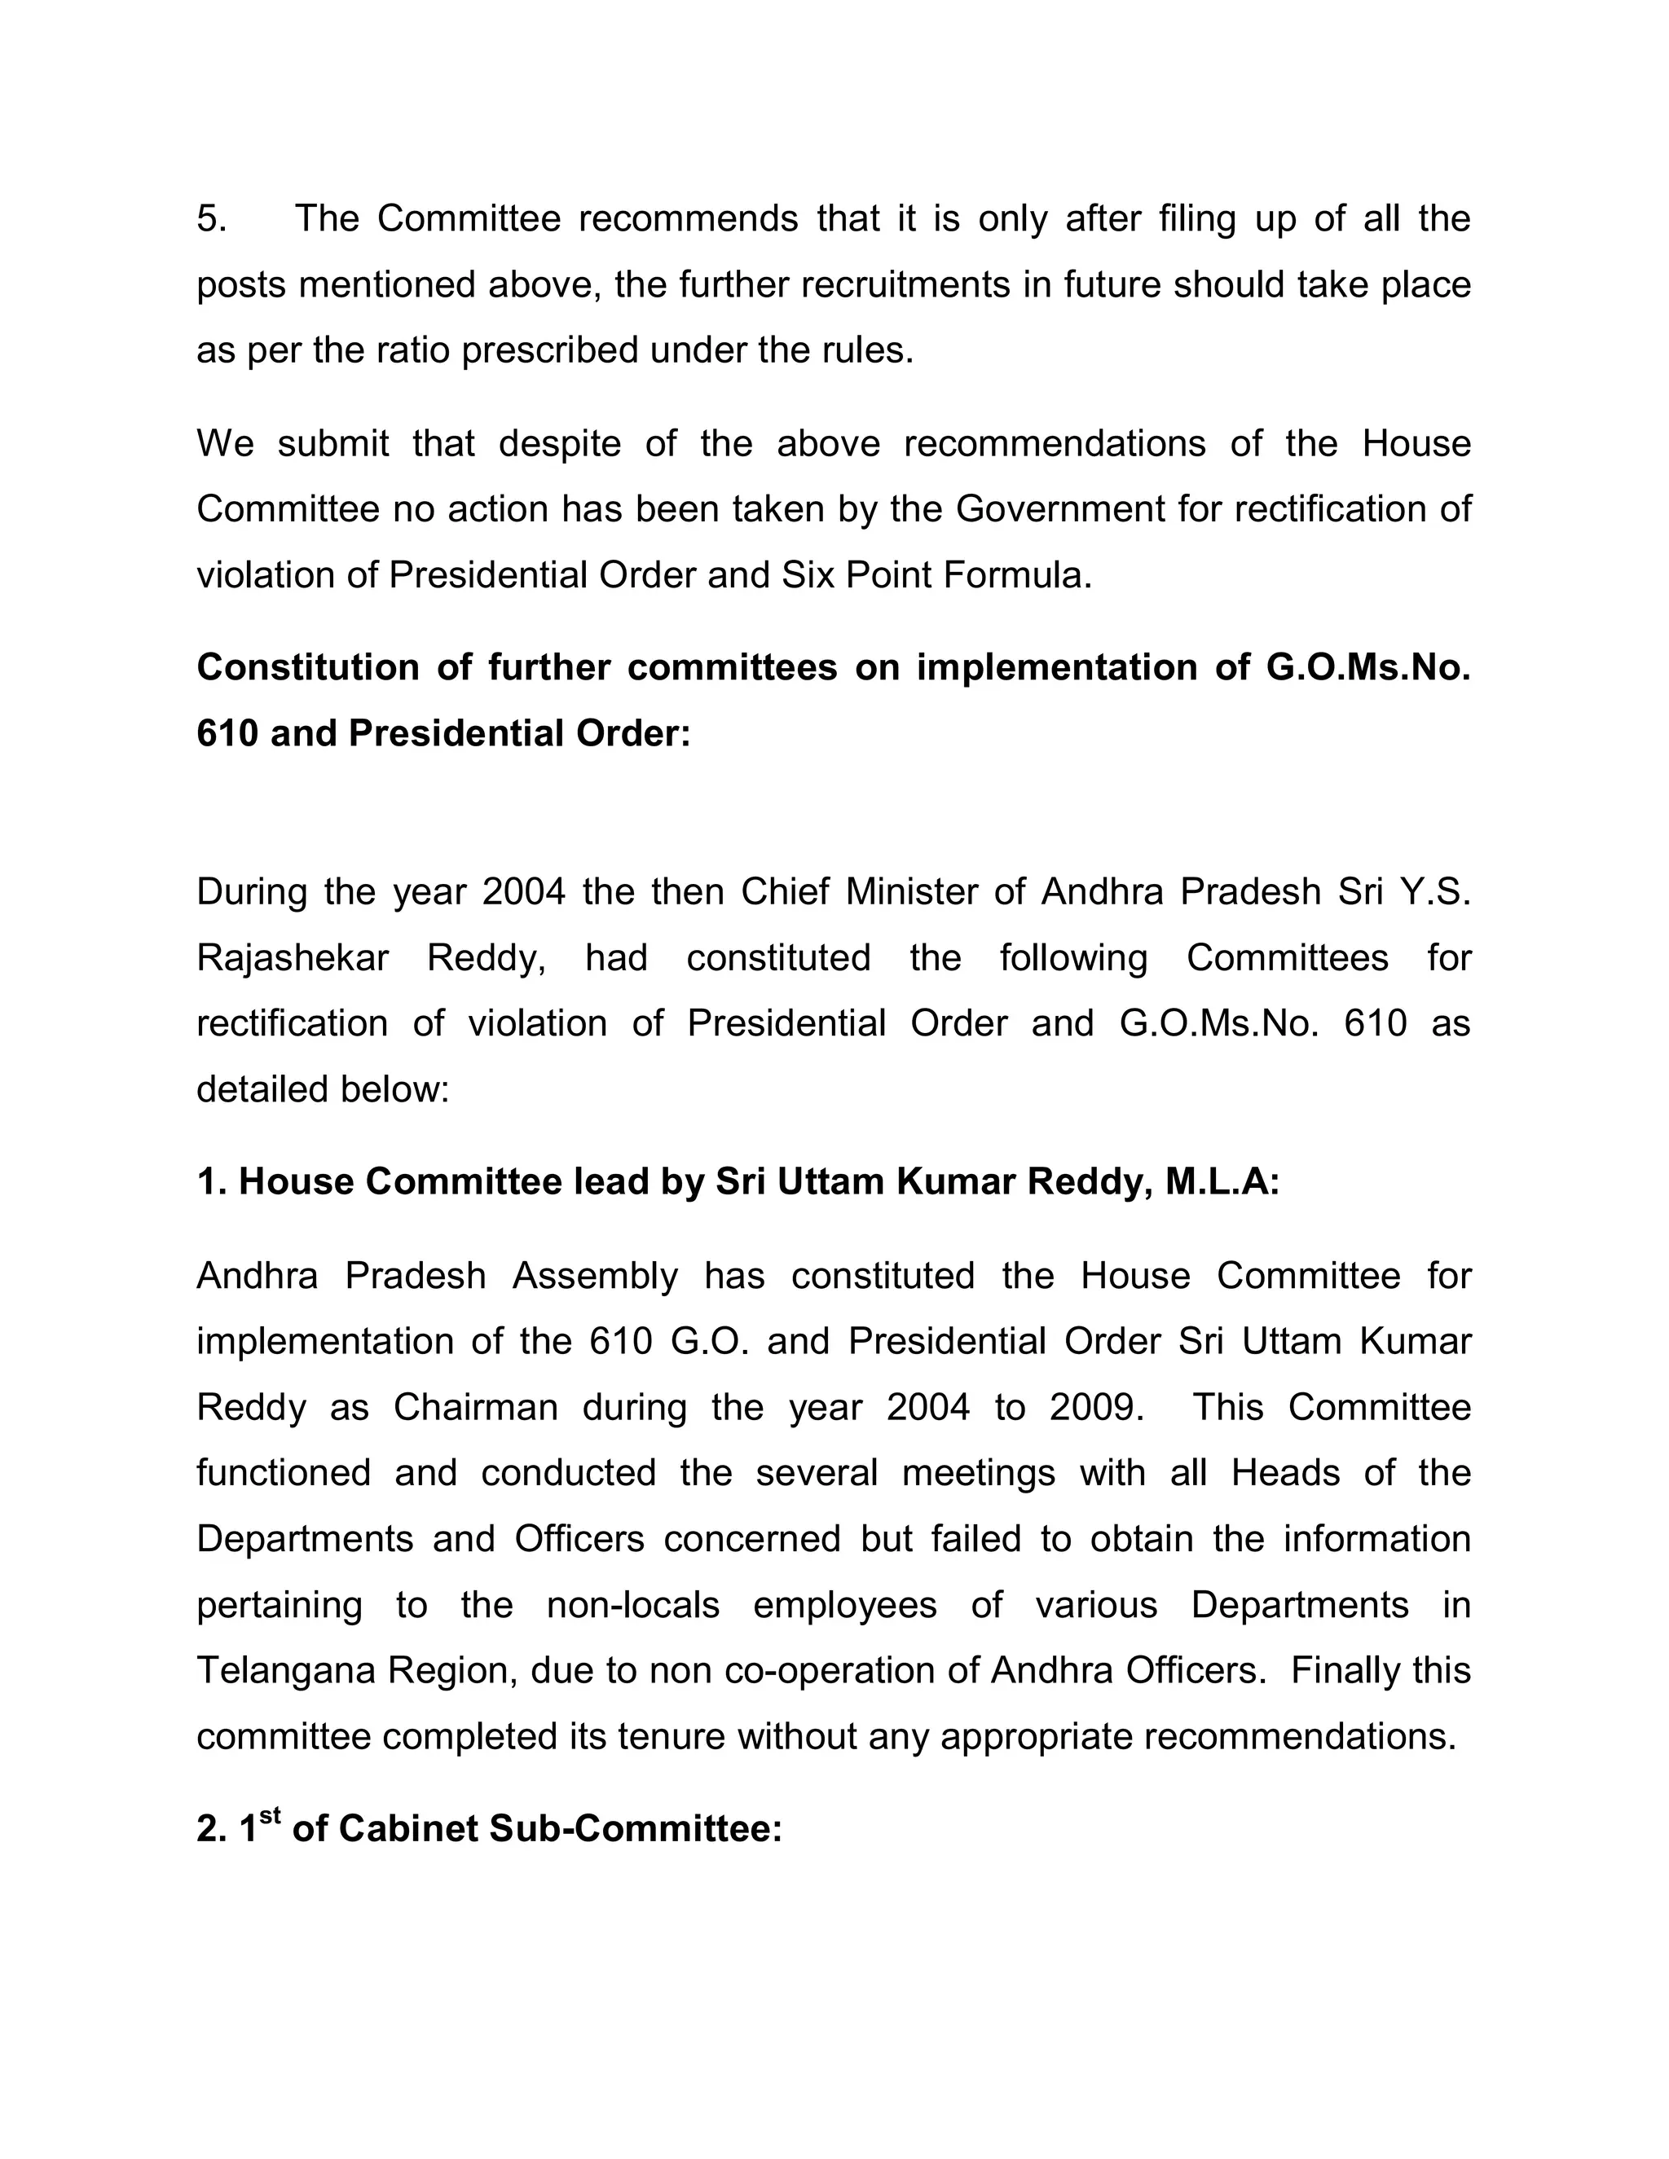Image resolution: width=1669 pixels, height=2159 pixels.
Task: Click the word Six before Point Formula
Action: (x=808, y=575)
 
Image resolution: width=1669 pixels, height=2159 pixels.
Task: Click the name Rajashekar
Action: (x=293, y=958)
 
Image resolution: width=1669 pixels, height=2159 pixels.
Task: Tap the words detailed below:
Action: (x=323, y=1089)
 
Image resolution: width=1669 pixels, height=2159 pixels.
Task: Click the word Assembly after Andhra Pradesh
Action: (x=594, y=1276)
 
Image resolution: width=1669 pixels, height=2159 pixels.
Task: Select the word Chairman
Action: (x=476, y=1408)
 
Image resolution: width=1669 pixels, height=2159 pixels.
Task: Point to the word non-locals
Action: (x=632, y=1606)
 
